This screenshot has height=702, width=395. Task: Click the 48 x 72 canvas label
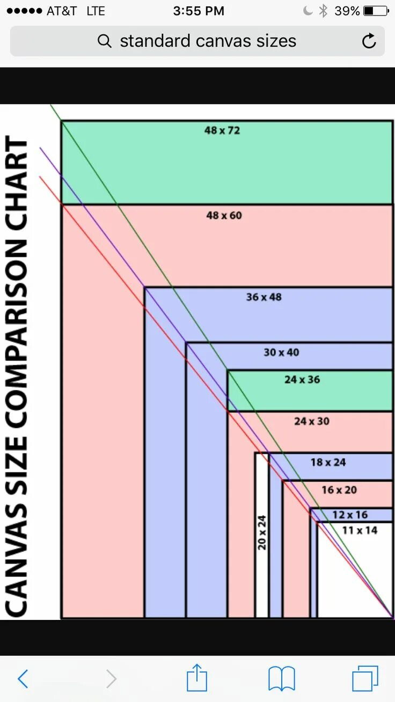coord(222,130)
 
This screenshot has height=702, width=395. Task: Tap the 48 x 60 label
coord(224,216)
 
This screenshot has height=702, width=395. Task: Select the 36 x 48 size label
coord(264,297)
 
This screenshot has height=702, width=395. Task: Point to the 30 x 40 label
coord(281,352)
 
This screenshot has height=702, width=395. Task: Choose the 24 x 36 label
coord(302,380)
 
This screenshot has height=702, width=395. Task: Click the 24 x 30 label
coord(312,422)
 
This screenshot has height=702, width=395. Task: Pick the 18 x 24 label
coord(328,462)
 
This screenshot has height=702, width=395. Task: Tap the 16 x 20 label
coord(339,490)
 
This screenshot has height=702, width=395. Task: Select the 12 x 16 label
coord(350,515)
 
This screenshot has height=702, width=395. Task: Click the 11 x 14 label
coord(360,530)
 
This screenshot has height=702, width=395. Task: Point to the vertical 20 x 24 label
coord(262,532)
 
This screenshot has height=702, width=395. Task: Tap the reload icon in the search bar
coord(369,41)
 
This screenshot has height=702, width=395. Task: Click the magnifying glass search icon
coord(105,41)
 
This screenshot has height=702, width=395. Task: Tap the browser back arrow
coord(23,678)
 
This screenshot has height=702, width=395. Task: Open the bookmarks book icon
coord(282,678)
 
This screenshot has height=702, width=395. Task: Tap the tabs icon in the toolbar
coord(365,678)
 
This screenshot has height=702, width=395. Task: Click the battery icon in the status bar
coord(376,11)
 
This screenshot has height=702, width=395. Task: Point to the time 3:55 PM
coord(198,11)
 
